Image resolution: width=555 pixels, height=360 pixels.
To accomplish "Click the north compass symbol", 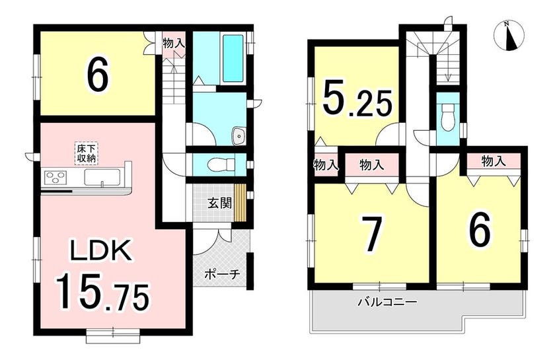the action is click(509, 36).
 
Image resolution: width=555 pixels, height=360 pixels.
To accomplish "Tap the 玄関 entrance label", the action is click(219, 203).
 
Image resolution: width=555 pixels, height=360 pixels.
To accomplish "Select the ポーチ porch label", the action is click(223, 274).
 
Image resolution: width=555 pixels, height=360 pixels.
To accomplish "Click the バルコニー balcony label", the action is click(388, 303).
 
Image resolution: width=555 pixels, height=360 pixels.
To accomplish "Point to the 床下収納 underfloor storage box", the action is click(87, 153).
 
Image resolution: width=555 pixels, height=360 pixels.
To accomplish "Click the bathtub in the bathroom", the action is click(233, 58).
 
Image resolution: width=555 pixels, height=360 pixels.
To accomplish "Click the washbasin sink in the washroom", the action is click(239, 136).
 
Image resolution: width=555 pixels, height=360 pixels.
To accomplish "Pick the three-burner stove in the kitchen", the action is click(55, 176).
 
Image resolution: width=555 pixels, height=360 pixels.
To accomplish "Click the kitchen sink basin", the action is click(102, 177).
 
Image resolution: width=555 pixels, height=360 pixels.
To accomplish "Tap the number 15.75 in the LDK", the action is click(101, 292).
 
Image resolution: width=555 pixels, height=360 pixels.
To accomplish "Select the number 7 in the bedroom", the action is click(371, 234).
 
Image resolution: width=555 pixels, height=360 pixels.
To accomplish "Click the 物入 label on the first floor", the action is click(173, 43).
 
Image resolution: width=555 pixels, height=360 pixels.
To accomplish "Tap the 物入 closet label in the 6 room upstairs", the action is click(493, 162).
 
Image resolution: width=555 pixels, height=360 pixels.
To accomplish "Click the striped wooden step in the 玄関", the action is click(240, 203).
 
